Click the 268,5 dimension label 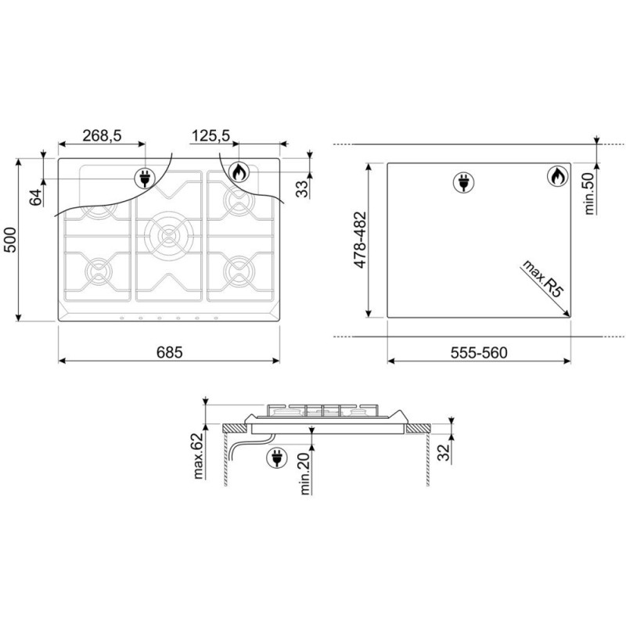pos(102,135)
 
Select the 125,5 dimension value pos(210,135)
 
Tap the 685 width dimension pos(169,353)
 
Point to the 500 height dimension pos(9,239)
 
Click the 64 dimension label pos(36,198)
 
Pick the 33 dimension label pos(303,189)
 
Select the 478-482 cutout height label pos(360,240)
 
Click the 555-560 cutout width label pos(479,353)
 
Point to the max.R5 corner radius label pos(542,279)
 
